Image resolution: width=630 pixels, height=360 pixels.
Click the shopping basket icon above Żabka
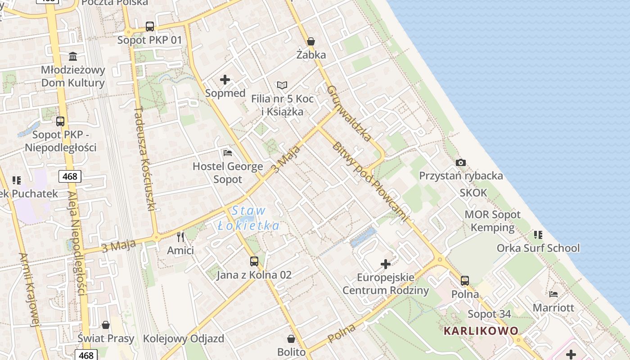310,42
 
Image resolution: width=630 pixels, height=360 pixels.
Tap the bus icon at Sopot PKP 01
149,27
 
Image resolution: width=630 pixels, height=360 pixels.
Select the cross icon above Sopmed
225,80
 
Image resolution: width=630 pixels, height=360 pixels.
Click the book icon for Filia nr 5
282,85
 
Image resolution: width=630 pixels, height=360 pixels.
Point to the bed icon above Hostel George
228,153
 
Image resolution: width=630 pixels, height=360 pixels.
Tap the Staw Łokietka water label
248,218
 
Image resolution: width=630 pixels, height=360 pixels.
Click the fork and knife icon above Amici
180,237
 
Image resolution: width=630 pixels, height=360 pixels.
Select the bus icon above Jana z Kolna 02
254,261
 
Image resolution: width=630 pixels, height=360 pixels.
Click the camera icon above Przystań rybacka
460,162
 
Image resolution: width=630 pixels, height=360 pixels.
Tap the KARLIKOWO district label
481,331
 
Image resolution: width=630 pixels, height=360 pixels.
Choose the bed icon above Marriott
553,294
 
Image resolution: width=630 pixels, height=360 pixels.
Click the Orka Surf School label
538,248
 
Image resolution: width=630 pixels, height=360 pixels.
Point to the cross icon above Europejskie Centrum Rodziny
386,264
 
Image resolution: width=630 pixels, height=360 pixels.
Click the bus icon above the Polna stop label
465,281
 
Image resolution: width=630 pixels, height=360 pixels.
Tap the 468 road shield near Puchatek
70,176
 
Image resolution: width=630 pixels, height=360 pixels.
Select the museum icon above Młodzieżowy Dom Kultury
73,56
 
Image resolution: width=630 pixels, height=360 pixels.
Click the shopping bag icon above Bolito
291,338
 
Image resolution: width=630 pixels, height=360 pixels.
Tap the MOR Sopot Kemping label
492,221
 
